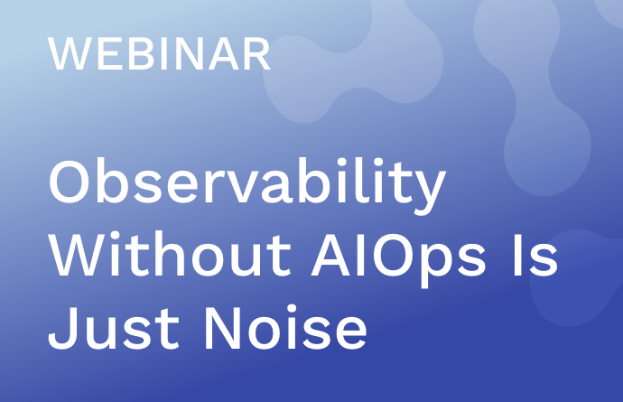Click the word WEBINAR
pyautogui.click(x=159, y=54)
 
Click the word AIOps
pyautogui.click(x=398, y=259)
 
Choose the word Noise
pyautogui.click(x=286, y=328)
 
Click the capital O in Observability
pyautogui.click(x=70, y=181)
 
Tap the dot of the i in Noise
pyautogui.click(x=292, y=309)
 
